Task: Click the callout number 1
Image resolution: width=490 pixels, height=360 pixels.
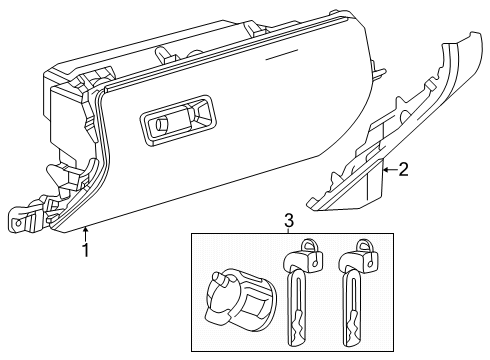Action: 86,251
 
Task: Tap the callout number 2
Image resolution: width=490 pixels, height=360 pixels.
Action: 403,169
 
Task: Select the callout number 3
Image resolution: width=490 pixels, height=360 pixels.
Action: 288,220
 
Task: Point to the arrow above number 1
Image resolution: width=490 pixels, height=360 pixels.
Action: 86,232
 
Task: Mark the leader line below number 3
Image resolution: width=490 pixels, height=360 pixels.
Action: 288,231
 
